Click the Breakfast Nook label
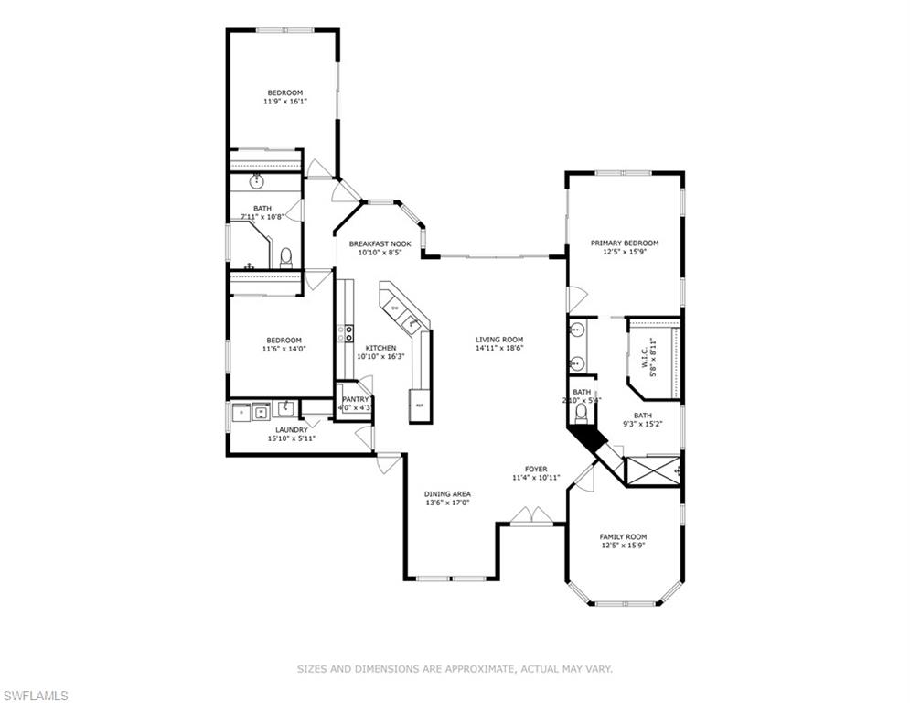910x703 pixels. coord(380,244)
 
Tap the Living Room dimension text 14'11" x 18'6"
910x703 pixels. coord(499,349)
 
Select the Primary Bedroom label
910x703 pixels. coord(625,243)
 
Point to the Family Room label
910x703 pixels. coord(623,536)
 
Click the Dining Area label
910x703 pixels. coord(447,494)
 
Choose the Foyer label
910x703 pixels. coord(536,469)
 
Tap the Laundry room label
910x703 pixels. coord(292,430)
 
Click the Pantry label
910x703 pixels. coord(355,399)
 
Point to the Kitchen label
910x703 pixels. coord(380,348)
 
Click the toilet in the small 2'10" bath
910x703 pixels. coord(581,413)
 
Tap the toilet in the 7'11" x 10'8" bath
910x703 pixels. coord(286,258)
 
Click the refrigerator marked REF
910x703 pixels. coord(420,406)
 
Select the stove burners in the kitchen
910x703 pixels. coord(346,333)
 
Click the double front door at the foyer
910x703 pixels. coord(531,516)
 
